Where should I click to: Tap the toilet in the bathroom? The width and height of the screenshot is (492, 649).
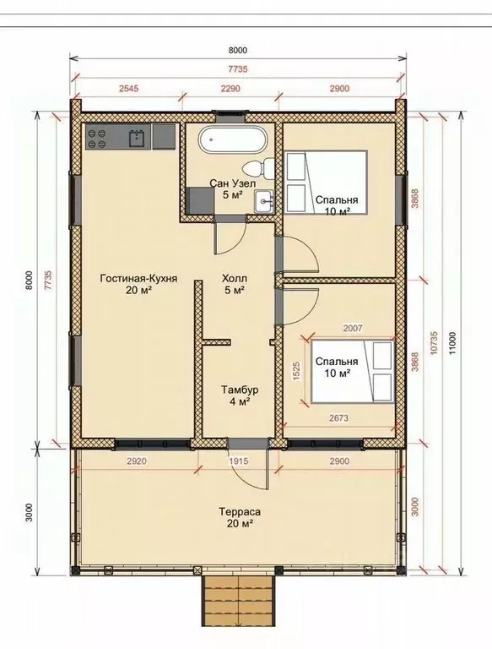(x=258, y=168)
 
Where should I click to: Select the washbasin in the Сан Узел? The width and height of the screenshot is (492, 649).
(x=264, y=202)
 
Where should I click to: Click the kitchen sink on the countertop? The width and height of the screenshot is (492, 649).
(x=137, y=137)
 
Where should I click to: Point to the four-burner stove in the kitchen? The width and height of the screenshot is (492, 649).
(x=95, y=138)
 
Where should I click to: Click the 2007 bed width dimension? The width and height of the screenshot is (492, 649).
(x=353, y=328)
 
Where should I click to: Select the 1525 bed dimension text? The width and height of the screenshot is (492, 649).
(x=296, y=371)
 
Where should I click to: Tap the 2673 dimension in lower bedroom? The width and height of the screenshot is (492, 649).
(x=338, y=418)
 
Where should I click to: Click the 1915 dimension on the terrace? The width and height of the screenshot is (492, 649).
(x=239, y=461)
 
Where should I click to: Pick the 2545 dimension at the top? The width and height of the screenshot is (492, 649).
(x=128, y=88)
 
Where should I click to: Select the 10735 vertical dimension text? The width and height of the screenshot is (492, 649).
(x=434, y=343)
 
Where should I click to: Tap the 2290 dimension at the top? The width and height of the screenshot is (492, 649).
(x=230, y=88)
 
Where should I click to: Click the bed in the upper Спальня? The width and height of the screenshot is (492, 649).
(x=326, y=183)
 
